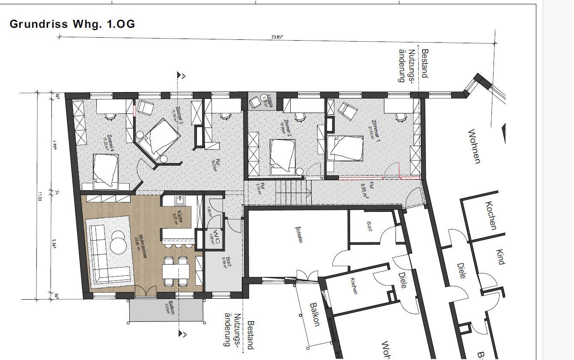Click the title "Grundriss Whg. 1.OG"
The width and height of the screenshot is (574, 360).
click(x=72, y=24)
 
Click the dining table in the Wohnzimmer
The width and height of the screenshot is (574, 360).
click(x=176, y=271)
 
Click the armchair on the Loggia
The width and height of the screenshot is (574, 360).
click(x=257, y=102)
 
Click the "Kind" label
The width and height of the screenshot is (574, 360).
click(x=500, y=257)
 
